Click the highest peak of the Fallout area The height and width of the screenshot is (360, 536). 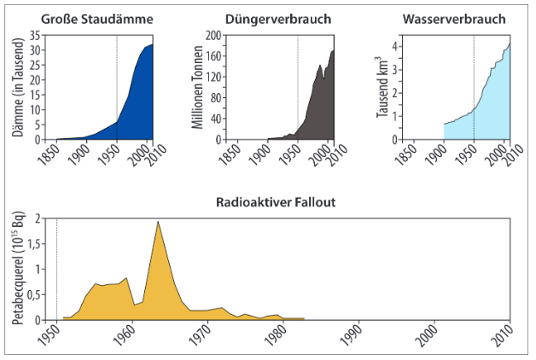tap(158, 222)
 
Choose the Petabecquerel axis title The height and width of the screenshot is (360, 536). tap(17, 269)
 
